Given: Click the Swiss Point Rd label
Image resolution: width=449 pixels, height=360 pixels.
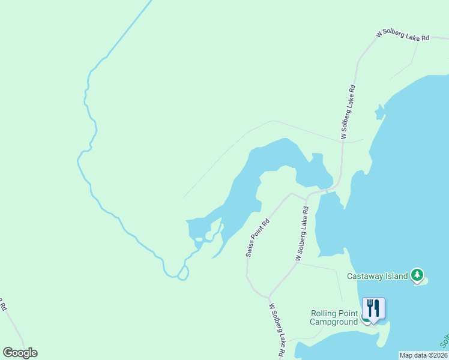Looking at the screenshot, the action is pyautogui.click(x=258, y=238).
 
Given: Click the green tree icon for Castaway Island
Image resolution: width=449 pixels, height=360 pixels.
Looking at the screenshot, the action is pyautogui.click(x=417, y=275).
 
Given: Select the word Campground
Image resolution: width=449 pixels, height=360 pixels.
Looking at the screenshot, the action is pyautogui.click(x=334, y=322).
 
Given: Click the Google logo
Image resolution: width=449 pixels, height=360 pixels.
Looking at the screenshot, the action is pyautogui.click(x=20, y=352).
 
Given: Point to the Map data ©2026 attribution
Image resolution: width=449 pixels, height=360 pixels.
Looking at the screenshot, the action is pyautogui.click(x=424, y=355).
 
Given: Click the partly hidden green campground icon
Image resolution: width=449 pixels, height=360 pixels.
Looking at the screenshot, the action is pyautogui.click(x=364, y=319).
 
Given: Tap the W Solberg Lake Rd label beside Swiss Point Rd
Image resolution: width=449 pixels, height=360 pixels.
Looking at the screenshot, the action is pyautogui.click(x=301, y=234).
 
